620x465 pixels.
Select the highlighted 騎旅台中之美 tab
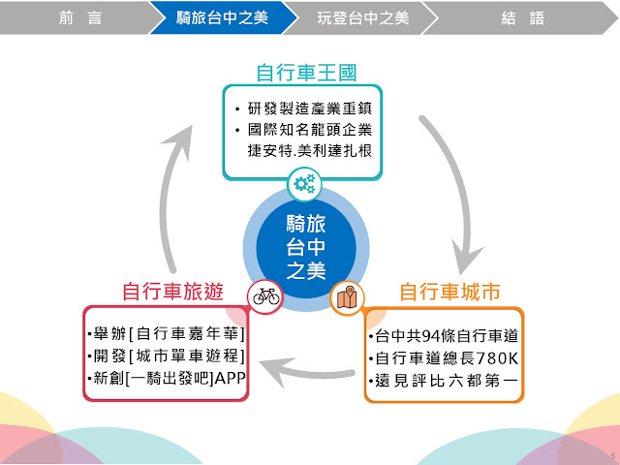click(x=222, y=17)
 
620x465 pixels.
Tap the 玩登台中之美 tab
click(x=362, y=17)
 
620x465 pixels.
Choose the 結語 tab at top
click(x=523, y=17)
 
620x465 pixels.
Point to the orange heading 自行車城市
click(x=450, y=292)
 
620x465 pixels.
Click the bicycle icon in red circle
click(x=265, y=297)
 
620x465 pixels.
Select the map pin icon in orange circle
click(x=346, y=297)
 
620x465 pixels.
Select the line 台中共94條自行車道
click(x=444, y=336)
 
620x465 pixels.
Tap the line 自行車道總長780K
click(x=444, y=358)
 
